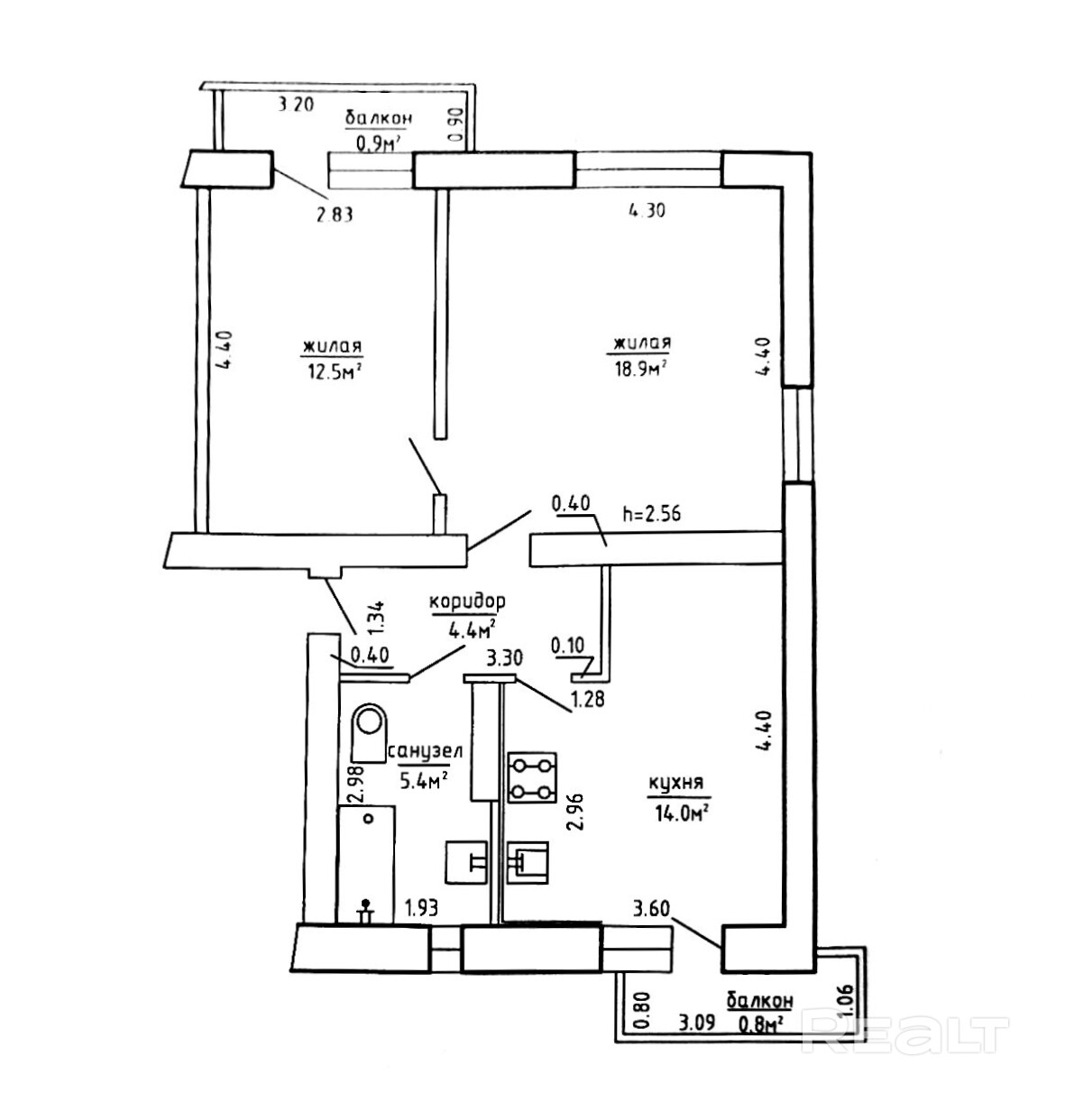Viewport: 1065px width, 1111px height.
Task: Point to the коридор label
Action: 467,601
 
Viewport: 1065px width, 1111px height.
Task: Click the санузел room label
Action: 426,751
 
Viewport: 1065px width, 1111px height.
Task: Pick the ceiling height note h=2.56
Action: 651,514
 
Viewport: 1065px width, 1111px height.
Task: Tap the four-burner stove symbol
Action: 532,777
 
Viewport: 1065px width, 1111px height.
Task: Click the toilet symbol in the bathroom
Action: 368,732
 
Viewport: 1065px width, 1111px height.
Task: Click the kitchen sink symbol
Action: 528,862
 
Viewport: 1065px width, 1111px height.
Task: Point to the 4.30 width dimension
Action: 647,211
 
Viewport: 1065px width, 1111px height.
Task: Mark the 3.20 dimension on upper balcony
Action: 295,105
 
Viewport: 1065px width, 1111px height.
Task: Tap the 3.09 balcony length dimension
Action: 697,1023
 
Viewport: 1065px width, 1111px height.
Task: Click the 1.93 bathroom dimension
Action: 421,907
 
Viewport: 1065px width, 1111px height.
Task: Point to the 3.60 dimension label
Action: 651,907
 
